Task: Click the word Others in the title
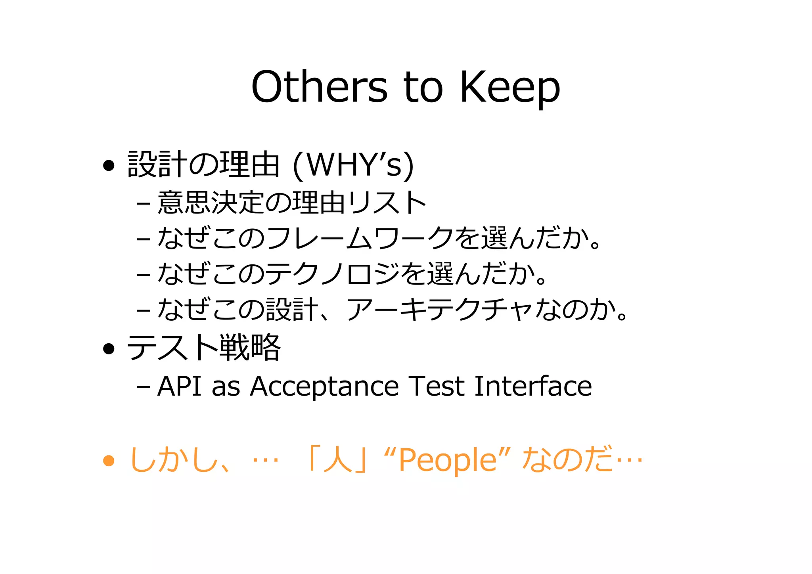(320, 87)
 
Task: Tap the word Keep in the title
(510, 88)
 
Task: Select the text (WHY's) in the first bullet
(353, 165)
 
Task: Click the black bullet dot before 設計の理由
(109, 165)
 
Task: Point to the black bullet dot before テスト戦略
(109, 349)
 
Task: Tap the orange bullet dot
(109, 461)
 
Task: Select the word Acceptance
(324, 387)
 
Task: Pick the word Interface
(533, 386)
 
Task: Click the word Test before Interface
(437, 386)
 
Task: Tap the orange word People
(448, 461)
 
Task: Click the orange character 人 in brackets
(338, 460)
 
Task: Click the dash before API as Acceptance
(143, 386)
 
